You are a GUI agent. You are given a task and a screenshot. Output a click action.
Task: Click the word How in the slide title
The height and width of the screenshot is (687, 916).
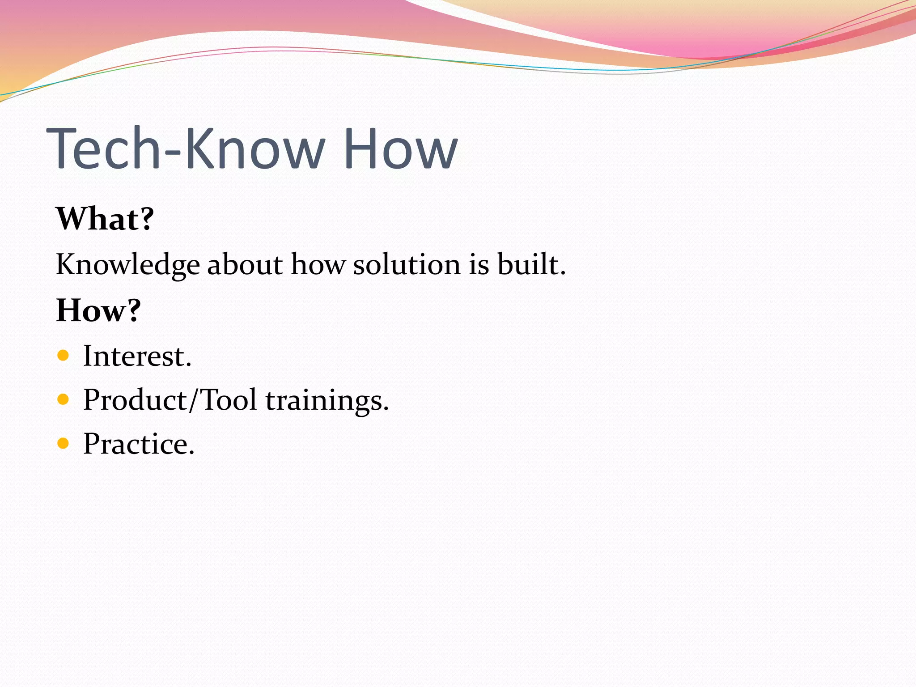[x=400, y=148]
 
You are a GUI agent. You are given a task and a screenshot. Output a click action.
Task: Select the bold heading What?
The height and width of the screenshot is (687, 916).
[x=105, y=219]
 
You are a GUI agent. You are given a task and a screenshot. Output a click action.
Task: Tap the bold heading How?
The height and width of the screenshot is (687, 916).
[x=98, y=310]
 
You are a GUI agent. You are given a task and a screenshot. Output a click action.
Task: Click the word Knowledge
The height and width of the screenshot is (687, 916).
[x=127, y=265]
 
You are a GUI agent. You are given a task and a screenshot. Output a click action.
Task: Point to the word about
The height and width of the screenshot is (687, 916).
[x=245, y=265]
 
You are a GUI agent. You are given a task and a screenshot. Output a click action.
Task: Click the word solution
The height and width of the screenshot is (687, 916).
[x=407, y=265]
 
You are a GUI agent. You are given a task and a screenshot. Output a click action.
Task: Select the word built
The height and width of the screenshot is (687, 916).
[x=531, y=265]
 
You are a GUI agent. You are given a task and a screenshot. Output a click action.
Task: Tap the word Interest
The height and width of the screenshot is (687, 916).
[x=137, y=356]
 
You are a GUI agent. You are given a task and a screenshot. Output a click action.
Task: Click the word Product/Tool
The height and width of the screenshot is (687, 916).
[x=170, y=400]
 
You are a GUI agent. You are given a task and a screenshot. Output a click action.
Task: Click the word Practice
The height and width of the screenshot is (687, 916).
[x=139, y=444]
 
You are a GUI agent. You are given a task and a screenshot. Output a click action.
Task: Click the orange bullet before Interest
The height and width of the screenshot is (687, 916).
[x=64, y=356]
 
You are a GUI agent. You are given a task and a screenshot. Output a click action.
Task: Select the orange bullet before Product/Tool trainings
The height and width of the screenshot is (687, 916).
[x=64, y=399]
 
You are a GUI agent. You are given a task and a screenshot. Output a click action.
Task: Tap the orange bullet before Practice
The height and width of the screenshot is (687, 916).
[x=64, y=443]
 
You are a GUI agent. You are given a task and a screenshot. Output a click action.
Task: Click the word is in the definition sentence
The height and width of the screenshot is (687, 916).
[x=479, y=265]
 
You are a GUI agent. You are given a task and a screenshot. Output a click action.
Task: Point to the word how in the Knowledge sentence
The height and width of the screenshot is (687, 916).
[x=318, y=265]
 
